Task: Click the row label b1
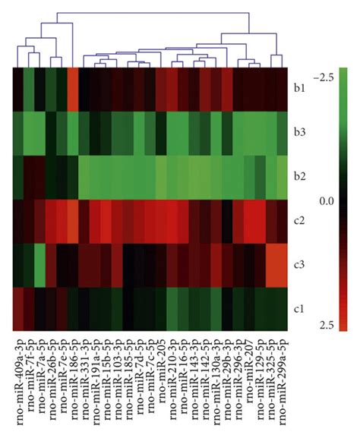tap(300, 89)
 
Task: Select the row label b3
tap(300, 132)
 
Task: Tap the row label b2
tap(300, 176)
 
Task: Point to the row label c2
tap(300, 220)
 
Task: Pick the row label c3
tap(300, 264)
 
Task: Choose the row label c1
tap(300, 308)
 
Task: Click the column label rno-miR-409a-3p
tap(17, 380)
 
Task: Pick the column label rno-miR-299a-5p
tap(283, 380)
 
